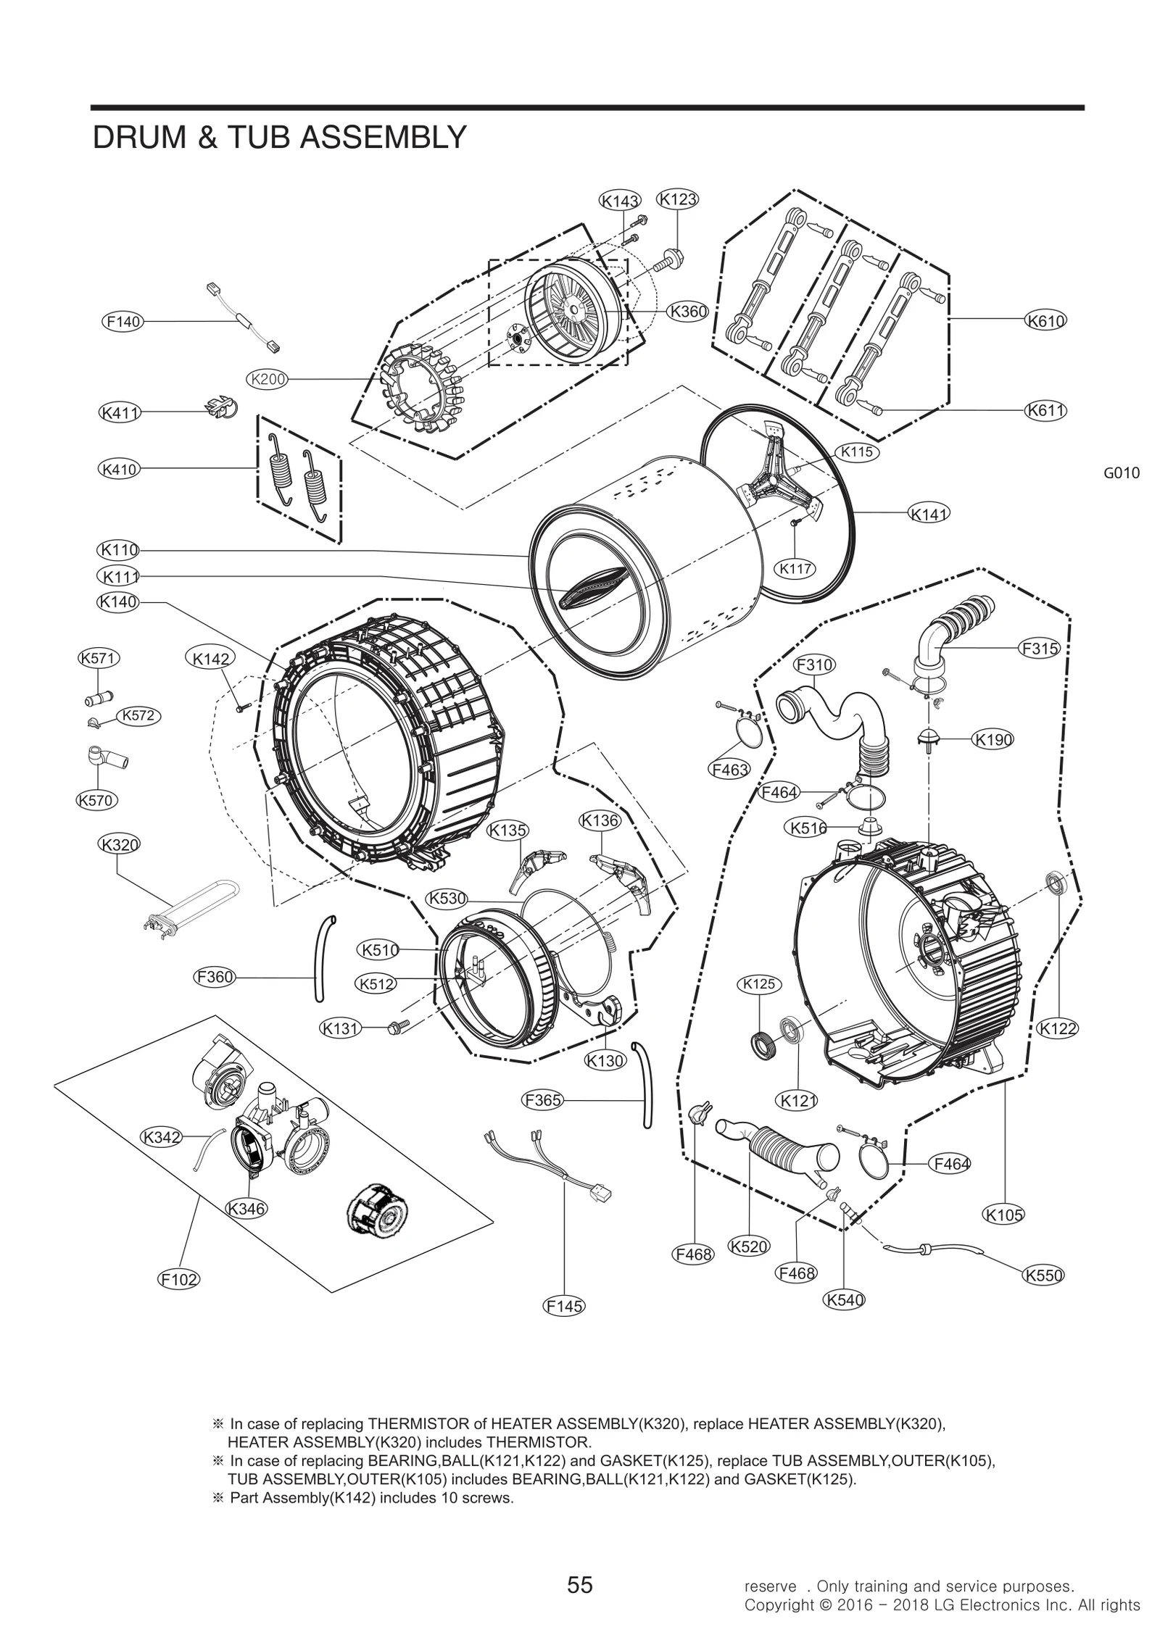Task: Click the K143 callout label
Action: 620,200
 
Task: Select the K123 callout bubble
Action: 677,199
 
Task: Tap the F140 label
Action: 122,322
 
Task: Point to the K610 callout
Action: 1045,320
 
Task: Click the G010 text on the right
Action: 1121,473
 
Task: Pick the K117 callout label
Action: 795,569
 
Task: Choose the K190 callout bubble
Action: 993,740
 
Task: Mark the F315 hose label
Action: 1040,649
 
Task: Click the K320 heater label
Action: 119,844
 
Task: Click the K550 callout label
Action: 1043,1275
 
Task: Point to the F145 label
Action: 564,1306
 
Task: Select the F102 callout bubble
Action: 179,1279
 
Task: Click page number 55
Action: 580,1565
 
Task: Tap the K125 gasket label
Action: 759,984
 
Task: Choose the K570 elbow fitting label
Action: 97,800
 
